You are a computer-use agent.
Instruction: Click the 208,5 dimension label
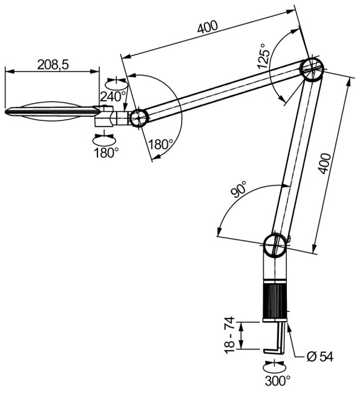pyautogui.click(x=51, y=64)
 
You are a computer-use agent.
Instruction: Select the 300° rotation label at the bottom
pyautogui.click(x=277, y=381)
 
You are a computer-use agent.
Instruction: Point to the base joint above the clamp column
pyautogui.click(x=275, y=246)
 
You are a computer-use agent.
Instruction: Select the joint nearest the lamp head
pyautogui.click(x=137, y=117)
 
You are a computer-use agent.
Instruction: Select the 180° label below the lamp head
pyautogui.click(x=106, y=153)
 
